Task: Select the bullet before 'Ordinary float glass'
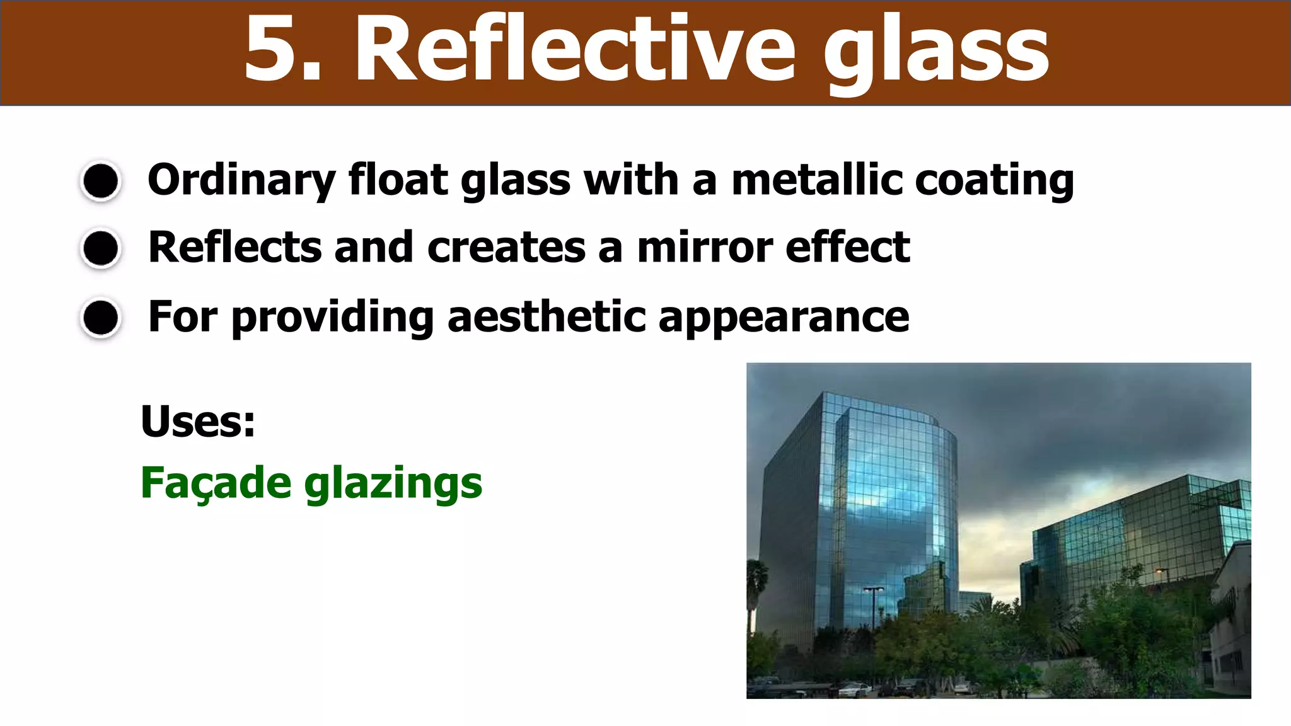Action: [x=101, y=181]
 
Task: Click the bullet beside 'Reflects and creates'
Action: [x=101, y=248]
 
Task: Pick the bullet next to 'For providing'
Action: [x=101, y=318]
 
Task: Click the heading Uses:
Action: [x=198, y=421]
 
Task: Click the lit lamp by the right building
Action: [x=1160, y=571]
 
